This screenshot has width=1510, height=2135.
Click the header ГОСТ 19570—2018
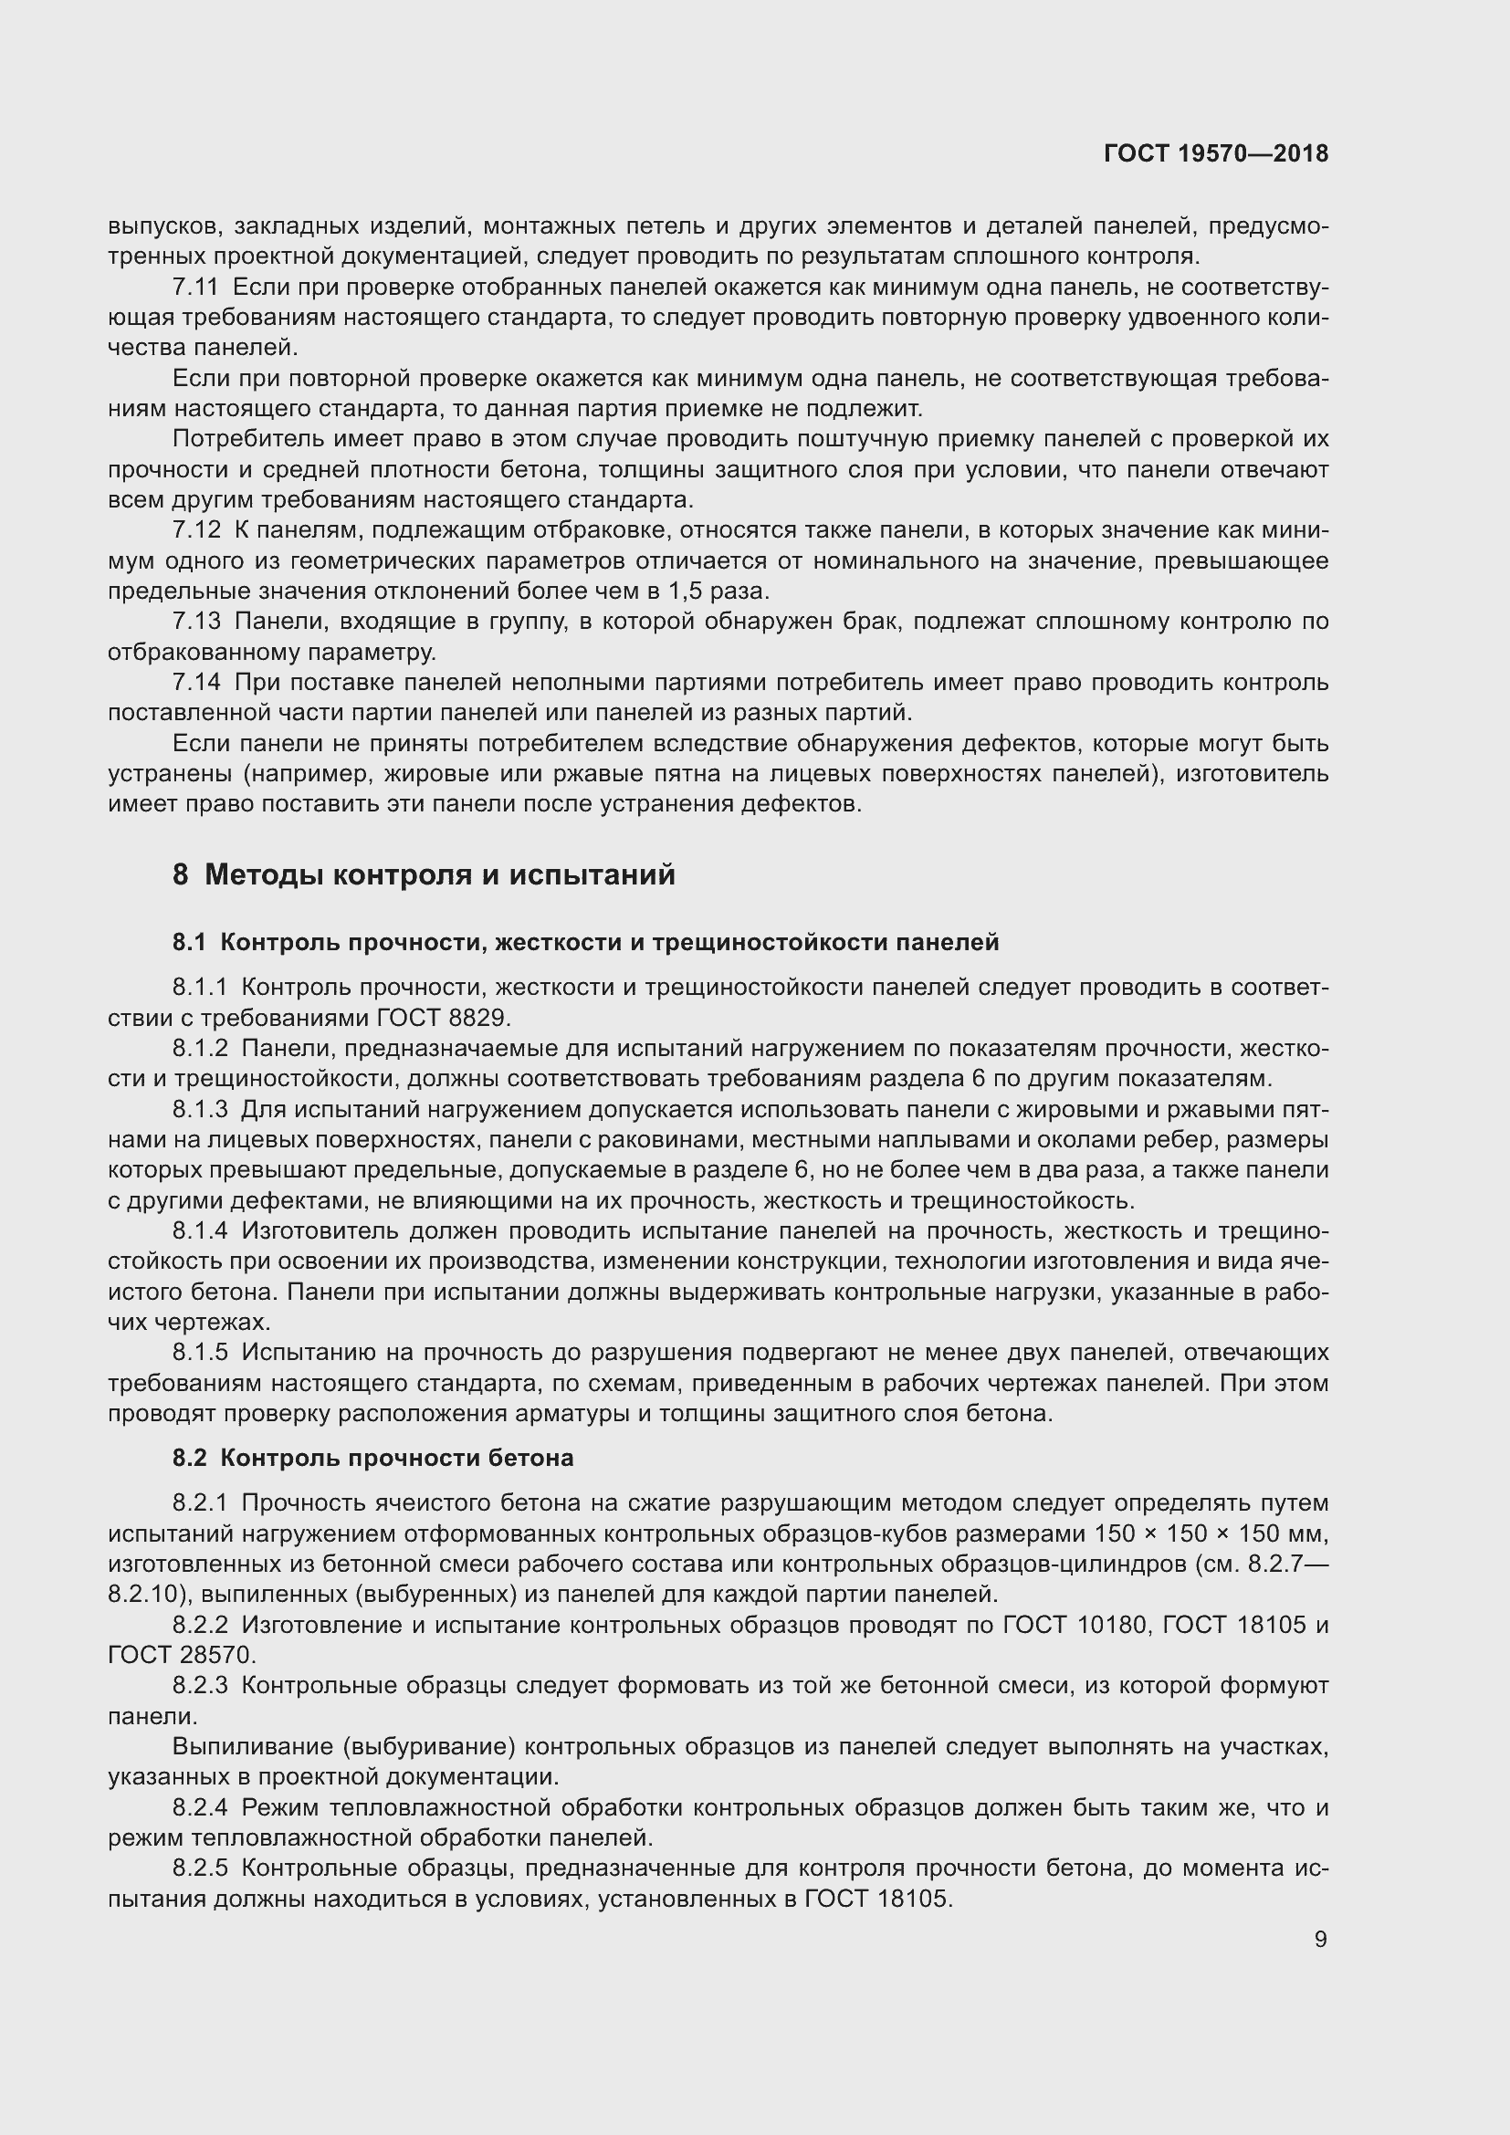click(x=1215, y=154)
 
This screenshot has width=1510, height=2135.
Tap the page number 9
click(x=1320, y=1939)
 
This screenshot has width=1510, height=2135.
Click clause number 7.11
click(x=196, y=288)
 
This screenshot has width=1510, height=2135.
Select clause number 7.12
click(x=197, y=530)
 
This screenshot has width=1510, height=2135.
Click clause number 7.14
click(x=197, y=683)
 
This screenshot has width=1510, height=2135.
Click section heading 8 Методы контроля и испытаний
click(x=423, y=875)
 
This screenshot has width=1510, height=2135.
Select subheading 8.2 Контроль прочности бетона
click(x=372, y=1457)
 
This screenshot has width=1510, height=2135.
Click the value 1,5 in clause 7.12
click(x=686, y=591)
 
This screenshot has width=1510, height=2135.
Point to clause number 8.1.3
click(x=200, y=1109)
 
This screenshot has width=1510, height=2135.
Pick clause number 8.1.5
click(x=200, y=1352)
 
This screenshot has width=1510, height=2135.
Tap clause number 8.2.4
click(x=200, y=1806)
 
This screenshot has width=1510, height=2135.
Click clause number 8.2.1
click(x=200, y=1502)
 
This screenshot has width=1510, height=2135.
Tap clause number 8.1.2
click(x=200, y=1049)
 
